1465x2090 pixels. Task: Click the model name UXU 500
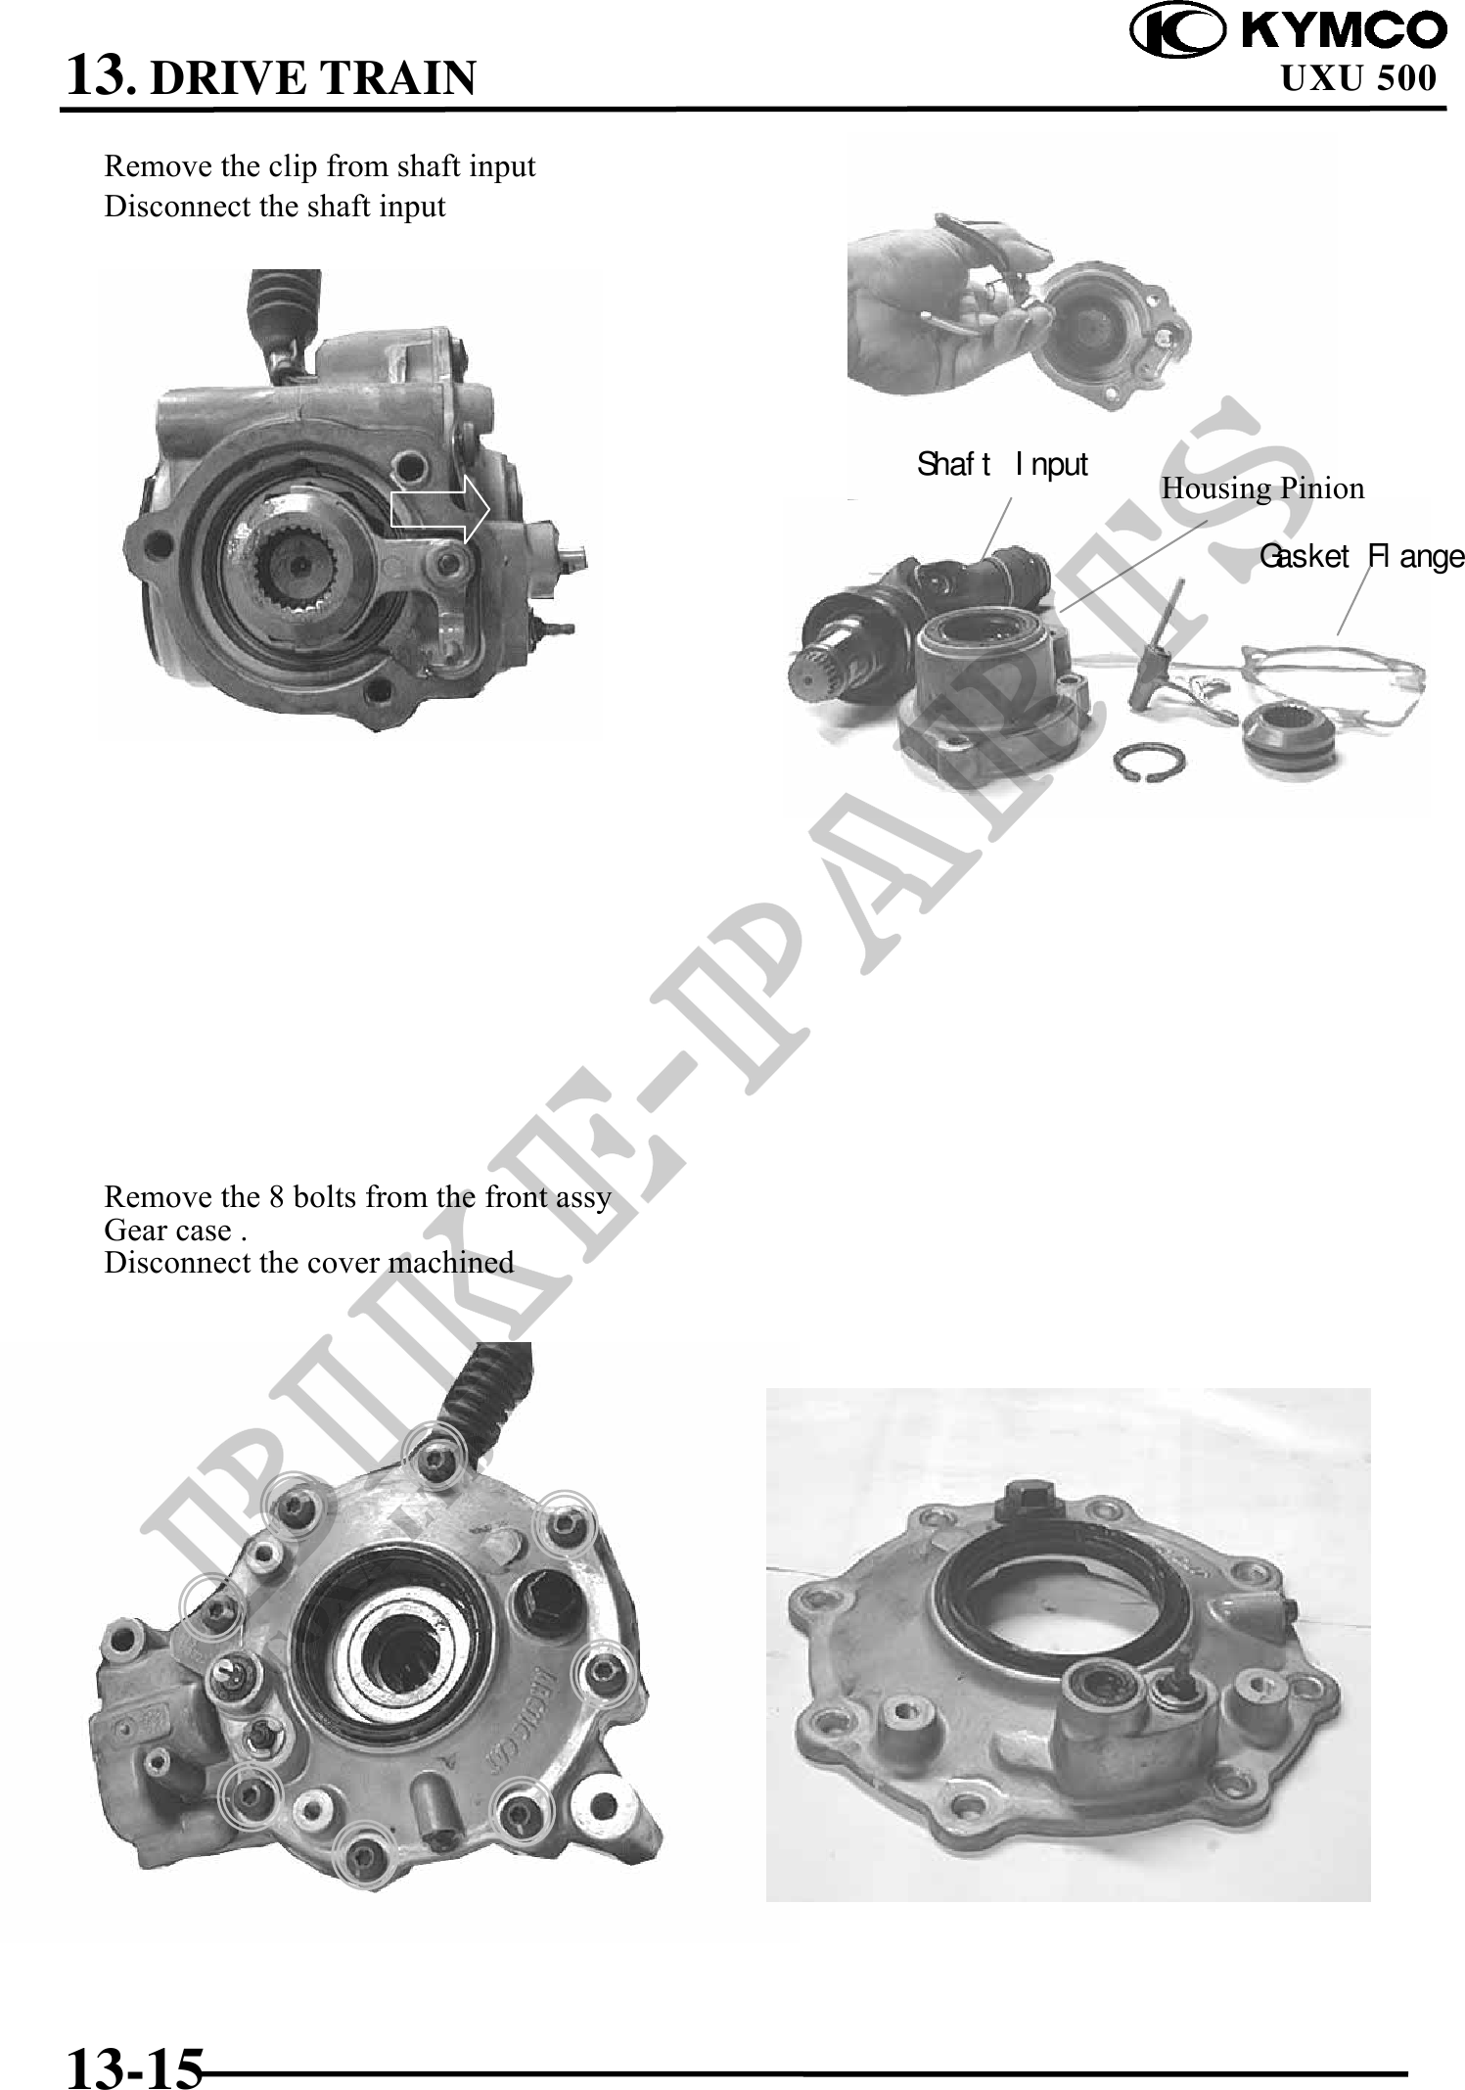[1358, 77]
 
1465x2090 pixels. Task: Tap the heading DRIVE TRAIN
[314, 77]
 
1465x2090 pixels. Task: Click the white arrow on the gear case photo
[440, 509]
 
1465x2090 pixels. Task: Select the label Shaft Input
[1002, 464]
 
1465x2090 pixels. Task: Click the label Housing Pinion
[1262, 488]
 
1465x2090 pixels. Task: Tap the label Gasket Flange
[1361, 557]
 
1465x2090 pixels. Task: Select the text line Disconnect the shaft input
[275, 207]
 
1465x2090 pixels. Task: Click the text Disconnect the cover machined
[309, 1262]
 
